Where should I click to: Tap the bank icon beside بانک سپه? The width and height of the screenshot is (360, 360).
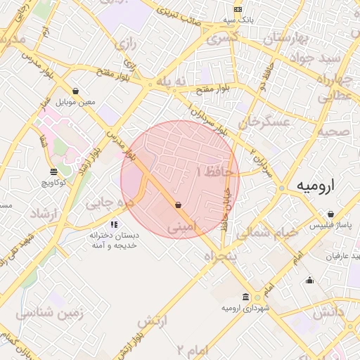pyautogui.click(x=238, y=9)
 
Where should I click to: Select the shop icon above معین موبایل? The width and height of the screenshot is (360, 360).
pyautogui.click(x=75, y=91)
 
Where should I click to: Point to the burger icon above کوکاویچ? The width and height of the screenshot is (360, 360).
pyautogui.click(x=54, y=172)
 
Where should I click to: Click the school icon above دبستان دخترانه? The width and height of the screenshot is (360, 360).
pyautogui.click(x=113, y=225)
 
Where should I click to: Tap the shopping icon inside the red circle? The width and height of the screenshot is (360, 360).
pyautogui.click(x=178, y=205)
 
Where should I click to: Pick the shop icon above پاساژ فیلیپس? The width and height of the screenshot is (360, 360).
pyautogui.click(x=331, y=214)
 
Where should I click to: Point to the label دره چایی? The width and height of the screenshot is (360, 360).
pyautogui.click(x=110, y=203)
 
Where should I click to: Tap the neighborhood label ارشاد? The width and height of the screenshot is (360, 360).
pyautogui.click(x=46, y=212)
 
